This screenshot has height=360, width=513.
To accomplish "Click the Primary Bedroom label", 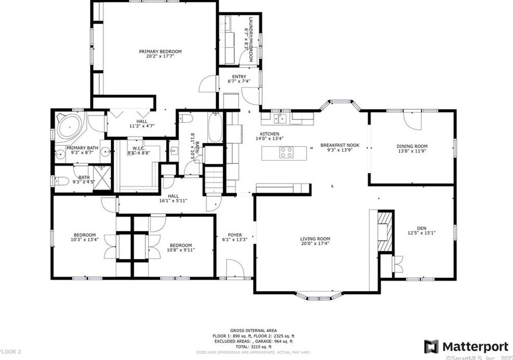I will pyautogui.click(x=160, y=52).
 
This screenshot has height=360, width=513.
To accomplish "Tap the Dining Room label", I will pyautogui.click(x=412, y=146).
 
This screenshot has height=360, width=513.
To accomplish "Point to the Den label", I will pyautogui.click(x=421, y=228).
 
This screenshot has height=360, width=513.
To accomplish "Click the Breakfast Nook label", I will pyautogui.click(x=339, y=146).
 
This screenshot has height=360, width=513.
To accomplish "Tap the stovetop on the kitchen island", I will pyautogui.click(x=286, y=152).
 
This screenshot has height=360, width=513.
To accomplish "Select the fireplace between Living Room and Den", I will pyautogui.click(x=384, y=231).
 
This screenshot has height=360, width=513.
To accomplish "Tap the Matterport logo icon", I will pyautogui.click(x=431, y=347).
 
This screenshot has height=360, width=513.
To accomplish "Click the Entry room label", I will pyautogui.click(x=239, y=77).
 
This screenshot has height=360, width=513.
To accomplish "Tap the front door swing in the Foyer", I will pyautogui.click(x=235, y=268).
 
